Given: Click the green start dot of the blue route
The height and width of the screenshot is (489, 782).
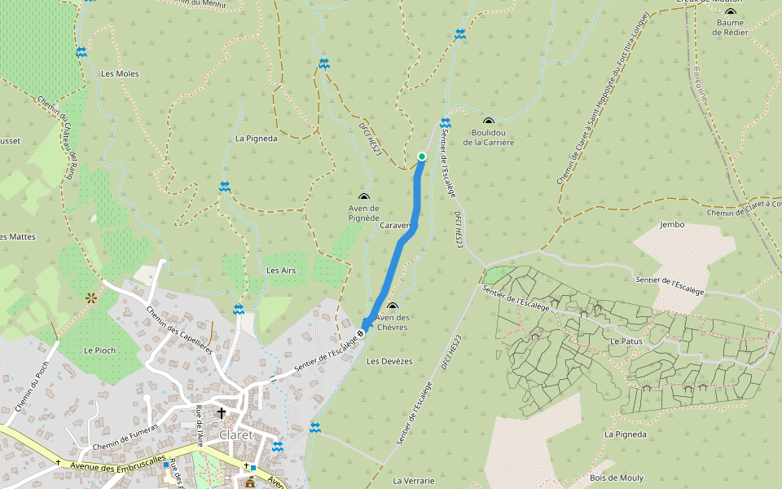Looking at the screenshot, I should point(422,156).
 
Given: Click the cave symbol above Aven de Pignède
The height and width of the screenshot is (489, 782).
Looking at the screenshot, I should point(363,197).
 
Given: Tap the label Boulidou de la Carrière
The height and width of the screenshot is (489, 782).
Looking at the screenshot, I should point(489,137).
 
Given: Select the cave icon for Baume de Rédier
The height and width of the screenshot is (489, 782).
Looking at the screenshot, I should point(730,13).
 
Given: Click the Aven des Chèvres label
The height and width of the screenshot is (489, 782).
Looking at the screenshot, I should point(392,323).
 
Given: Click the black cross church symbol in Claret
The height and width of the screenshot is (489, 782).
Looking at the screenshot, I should point(221,413).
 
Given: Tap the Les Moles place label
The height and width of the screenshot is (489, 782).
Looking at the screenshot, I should point(120,73).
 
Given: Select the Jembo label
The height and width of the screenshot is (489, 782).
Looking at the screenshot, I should point(673,224).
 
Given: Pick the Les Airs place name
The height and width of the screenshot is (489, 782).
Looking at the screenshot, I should point(281,270).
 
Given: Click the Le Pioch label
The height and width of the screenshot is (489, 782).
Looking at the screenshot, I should point(99,350).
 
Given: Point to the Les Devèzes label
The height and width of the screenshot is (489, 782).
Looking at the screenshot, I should point(389,361).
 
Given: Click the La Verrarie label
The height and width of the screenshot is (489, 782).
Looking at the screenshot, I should point(413,481).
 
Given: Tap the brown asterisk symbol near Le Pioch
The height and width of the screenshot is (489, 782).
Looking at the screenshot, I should point(90,299).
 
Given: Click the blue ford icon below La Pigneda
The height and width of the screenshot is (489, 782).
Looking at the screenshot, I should point(225,187).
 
